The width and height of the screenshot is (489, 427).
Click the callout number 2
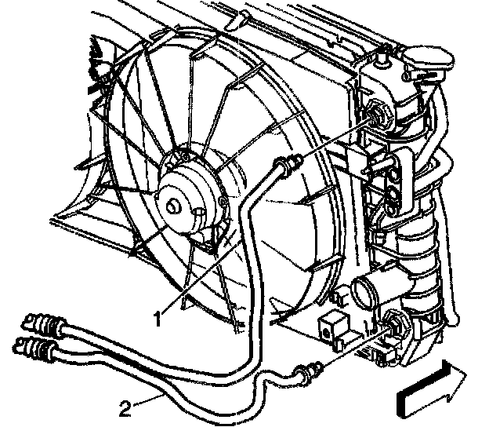[x=125, y=407]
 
